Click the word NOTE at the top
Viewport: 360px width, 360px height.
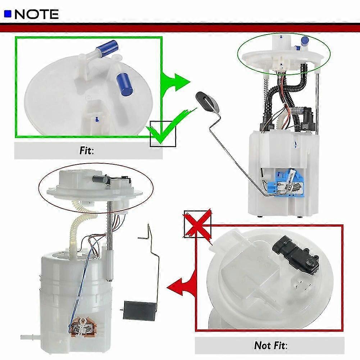pyautogui.click(x=36, y=14)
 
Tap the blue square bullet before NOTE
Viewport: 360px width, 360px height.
pyautogui.click(x=8, y=14)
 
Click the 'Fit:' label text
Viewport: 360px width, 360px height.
pyautogui.click(x=87, y=150)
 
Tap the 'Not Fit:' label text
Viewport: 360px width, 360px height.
pyautogui.click(x=269, y=346)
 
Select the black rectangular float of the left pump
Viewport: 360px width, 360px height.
pyautogui.click(x=138, y=309)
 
